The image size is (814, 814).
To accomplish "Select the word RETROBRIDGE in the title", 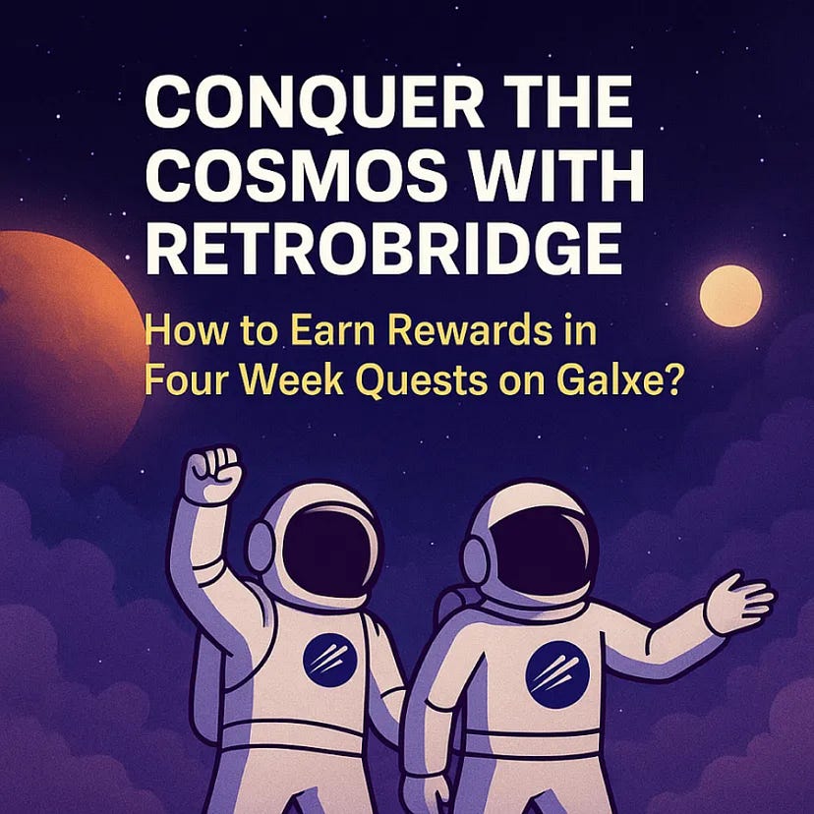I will click(x=383, y=250).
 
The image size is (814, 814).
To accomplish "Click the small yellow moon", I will click(x=730, y=295).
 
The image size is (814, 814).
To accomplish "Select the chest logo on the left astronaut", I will click(x=329, y=659).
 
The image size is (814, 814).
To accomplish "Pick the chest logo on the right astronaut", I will click(x=557, y=671).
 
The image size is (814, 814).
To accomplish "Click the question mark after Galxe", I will click(x=669, y=377).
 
